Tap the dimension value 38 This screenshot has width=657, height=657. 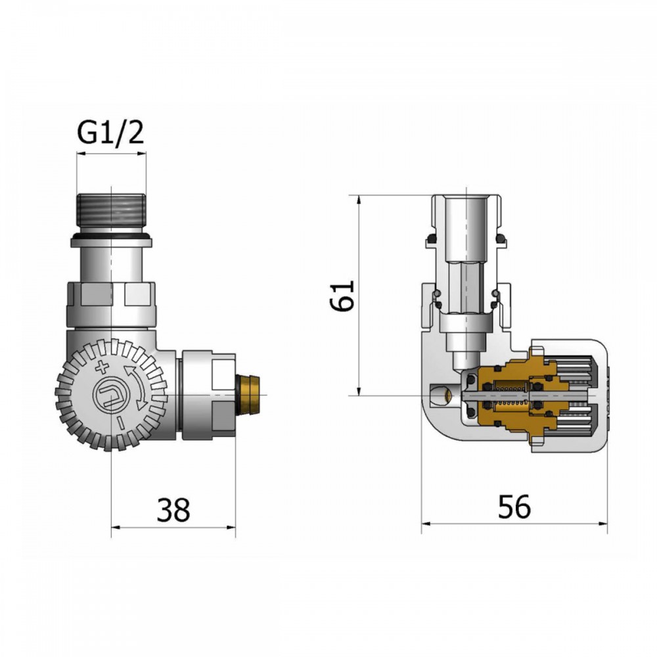(x=173, y=510)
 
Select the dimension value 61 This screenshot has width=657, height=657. (x=342, y=296)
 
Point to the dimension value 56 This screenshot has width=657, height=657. (x=514, y=507)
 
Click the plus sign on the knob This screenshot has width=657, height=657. (x=102, y=367)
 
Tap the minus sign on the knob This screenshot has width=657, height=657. (x=120, y=423)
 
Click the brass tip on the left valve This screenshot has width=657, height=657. (x=248, y=394)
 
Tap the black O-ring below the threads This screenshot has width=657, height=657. (x=111, y=238)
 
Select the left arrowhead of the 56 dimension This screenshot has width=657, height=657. (x=426, y=523)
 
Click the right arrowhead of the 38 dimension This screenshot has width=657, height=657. (x=231, y=527)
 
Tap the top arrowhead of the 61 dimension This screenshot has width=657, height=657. (x=359, y=200)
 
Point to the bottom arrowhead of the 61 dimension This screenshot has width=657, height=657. (x=359, y=390)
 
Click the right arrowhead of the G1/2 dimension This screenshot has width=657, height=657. (x=142, y=154)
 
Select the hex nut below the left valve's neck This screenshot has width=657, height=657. (x=111, y=305)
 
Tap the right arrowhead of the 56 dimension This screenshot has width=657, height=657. (x=602, y=523)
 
